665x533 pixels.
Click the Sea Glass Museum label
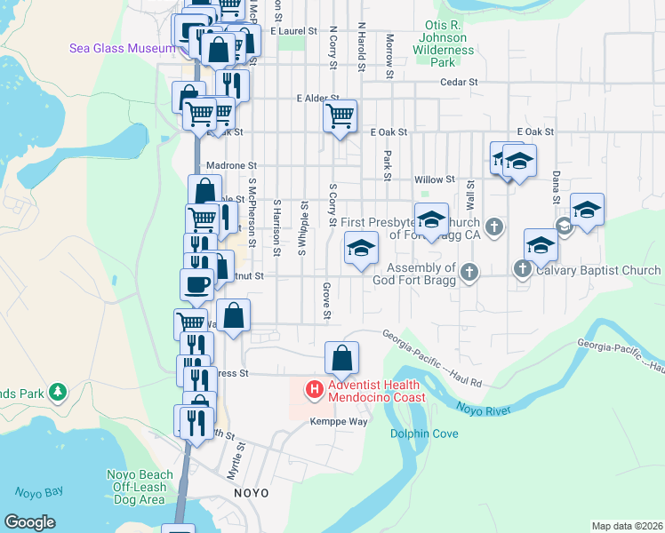coord(123,48)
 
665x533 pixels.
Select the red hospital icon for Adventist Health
coord(314,389)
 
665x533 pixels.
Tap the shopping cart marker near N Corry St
coord(340,116)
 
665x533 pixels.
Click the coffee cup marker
coord(197,284)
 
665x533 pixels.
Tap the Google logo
coord(29,521)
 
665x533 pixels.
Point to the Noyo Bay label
coord(39,491)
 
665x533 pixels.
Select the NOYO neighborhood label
coord(251,491)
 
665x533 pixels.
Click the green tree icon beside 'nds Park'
coord(59,391)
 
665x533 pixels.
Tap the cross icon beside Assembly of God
coord(469,272)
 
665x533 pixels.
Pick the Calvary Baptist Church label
coord(597,270)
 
